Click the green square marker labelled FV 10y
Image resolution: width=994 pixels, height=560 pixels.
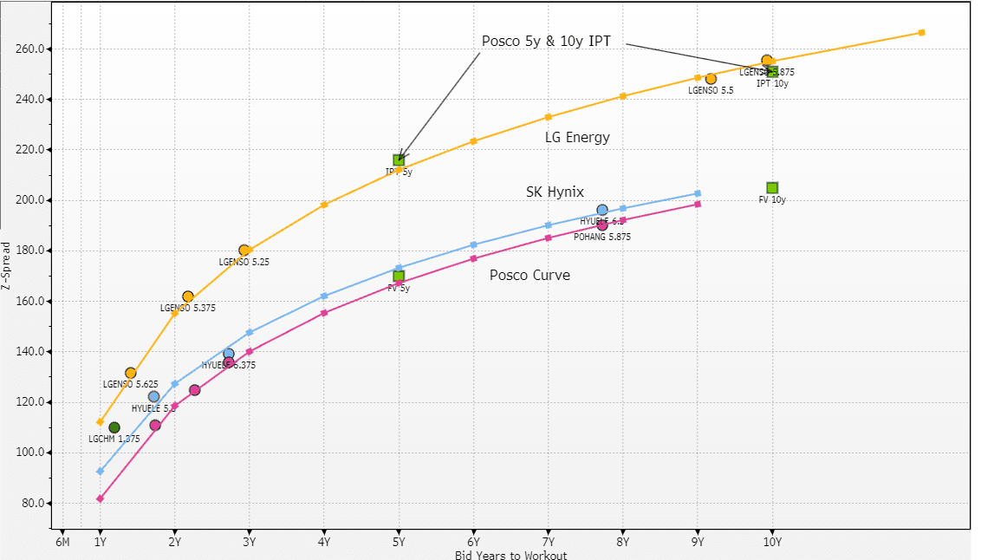click(772, 188)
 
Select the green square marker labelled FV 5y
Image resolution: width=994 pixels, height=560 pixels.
click(399, 277)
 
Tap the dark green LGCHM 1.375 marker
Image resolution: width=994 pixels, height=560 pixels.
click(114, 427)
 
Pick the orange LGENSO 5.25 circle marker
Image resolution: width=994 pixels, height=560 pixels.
click(244, 251)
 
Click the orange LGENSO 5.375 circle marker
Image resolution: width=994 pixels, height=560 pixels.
click(188, 296)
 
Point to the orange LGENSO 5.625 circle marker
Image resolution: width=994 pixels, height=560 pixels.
click(131, 374)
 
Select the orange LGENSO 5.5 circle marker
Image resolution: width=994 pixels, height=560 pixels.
click(711, 79)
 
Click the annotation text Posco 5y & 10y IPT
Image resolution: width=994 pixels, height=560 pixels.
click(547, 42)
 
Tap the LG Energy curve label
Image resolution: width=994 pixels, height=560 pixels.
click(577, 137)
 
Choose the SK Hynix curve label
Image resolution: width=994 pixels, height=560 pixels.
click(555, 192)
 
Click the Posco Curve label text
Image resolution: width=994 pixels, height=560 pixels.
click(529, 275)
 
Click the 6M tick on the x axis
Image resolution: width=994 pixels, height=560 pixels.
click(62, 543)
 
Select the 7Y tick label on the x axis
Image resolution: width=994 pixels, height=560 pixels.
click(549, 543)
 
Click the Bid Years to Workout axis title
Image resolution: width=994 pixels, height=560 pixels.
click(510, 555)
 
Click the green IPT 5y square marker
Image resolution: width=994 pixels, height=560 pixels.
click(399, 160)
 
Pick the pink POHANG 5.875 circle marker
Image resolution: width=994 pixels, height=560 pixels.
click(602, 225)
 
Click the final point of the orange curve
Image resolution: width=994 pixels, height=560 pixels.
click(921, 33)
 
